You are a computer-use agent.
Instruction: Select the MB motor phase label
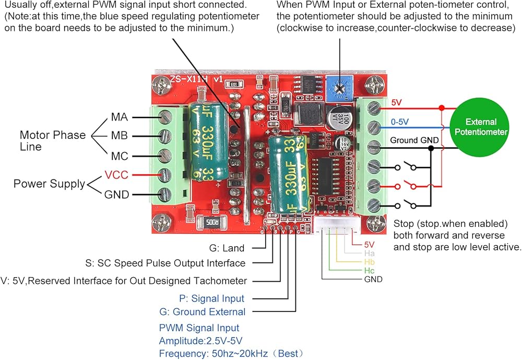point(119,136)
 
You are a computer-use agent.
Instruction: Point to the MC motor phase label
point(119,155)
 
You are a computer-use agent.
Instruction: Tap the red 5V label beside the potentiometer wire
point(397,103)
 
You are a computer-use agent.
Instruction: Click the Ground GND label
point(411,140)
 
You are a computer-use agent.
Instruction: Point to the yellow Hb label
point(370,261)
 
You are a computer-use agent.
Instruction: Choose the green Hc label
point(370,270)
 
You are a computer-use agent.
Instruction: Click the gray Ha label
point(370,253)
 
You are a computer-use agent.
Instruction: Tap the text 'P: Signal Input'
point(211,298)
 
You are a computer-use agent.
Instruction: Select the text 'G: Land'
point(227,248)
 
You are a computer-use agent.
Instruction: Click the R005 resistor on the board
point(211,222)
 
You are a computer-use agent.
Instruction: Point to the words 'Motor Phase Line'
point(52,140)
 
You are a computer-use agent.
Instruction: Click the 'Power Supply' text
point(49,184)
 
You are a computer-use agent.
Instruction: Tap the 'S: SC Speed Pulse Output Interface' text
point(165,263)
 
